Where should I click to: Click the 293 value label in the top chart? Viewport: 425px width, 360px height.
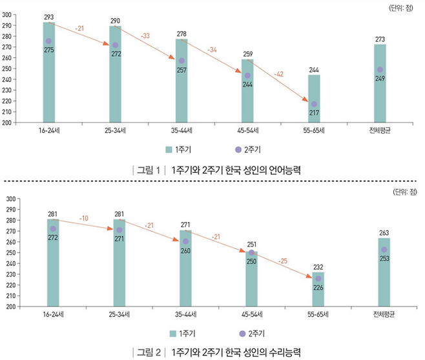coord(48,17)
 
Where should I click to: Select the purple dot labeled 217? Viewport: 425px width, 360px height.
coord(314,104)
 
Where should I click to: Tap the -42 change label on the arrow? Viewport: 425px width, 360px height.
coord(278,74)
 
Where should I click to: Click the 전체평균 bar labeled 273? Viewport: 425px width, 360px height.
coord(380,83)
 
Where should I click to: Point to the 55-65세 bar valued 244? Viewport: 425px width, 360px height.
coord(314,97)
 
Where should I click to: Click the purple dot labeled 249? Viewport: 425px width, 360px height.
coord(380,70)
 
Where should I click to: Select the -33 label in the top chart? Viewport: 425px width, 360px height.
coord(145,35)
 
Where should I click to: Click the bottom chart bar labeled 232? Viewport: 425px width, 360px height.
coord(317,289)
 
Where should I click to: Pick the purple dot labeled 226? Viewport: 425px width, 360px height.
coord(318,279)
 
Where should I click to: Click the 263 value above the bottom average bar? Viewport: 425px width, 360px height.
coord(384,232)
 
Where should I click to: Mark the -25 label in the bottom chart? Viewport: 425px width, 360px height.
coord(282,261)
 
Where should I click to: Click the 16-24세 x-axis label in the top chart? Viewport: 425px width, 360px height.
coord(48,130)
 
